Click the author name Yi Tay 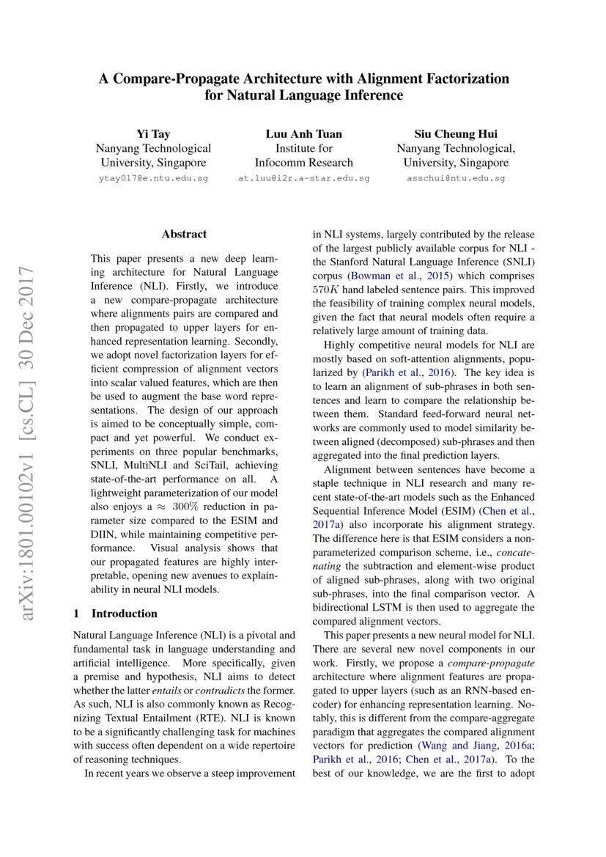click(x=153, y=133)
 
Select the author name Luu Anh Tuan click(x=303, y=133)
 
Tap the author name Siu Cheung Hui click(x=456, y=133)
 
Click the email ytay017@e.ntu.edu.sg click(x=153, y=178)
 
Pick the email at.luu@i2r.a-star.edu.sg click(x=303, y=178)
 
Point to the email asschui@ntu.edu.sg click(x=456, y=178)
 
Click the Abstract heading click(x=184, y=235)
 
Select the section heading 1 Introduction click(x=117, y=614)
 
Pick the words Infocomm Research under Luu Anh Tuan click(x=303, y=163)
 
